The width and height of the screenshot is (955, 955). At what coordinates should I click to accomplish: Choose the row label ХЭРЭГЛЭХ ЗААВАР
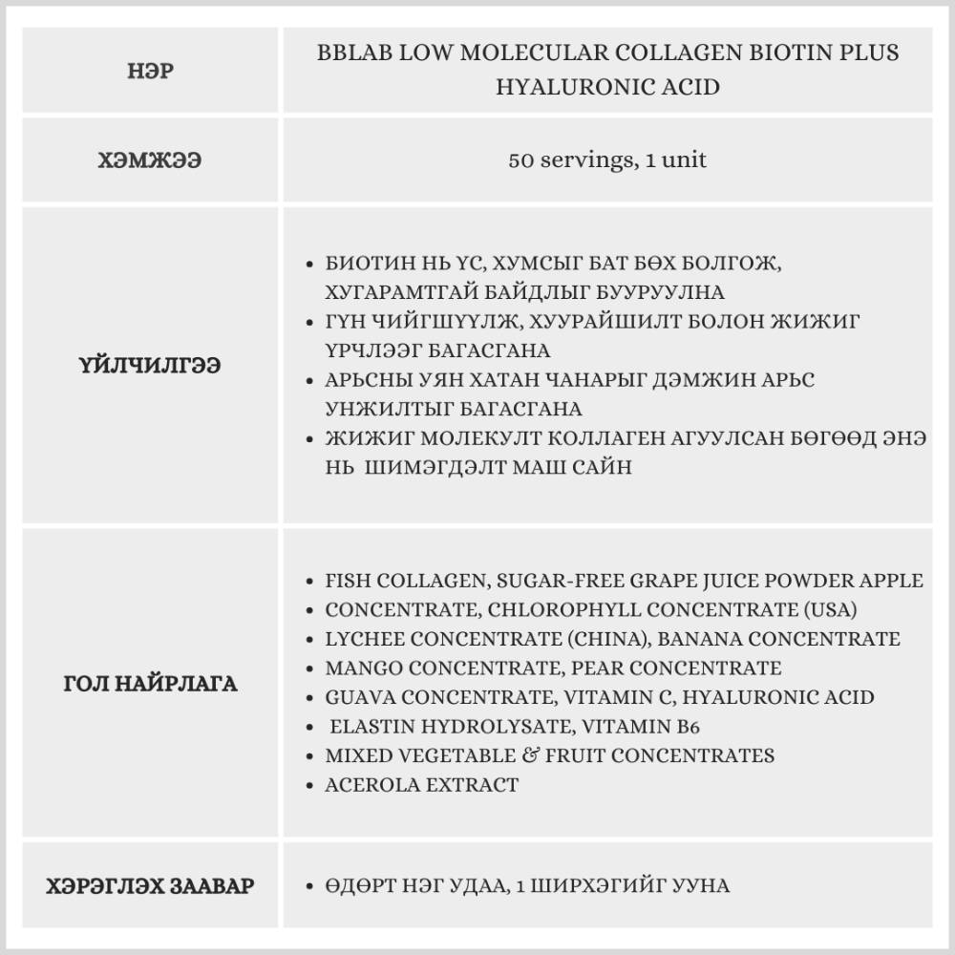click(150, 885)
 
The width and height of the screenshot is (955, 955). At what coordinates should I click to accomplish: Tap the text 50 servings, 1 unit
click(607, 159)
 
